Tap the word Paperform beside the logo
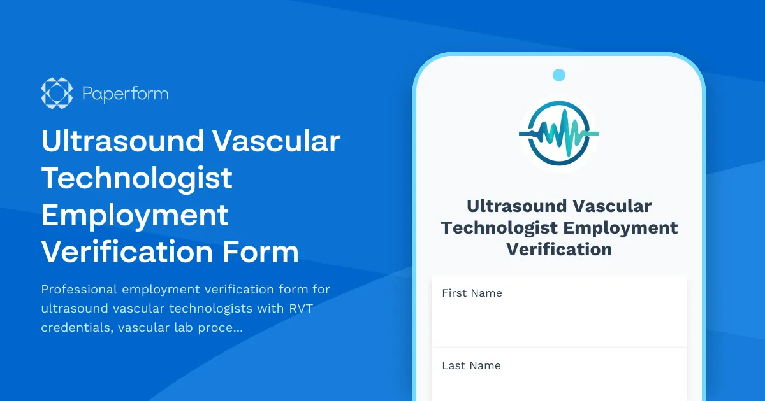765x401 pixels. click(x=125, y=94)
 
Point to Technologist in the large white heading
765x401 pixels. click(x=136, y=178)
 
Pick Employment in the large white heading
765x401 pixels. click(x=135, y=215)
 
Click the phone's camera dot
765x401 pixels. click(x=559, y=75)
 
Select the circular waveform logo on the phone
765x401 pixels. click(x=559, y=134)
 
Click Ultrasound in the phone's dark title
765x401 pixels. click(x=516, y=206)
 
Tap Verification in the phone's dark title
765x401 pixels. click(x=559, y=249)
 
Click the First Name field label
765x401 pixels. click(x=472, y=293)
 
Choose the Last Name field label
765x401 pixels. click(x=471, y=366)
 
